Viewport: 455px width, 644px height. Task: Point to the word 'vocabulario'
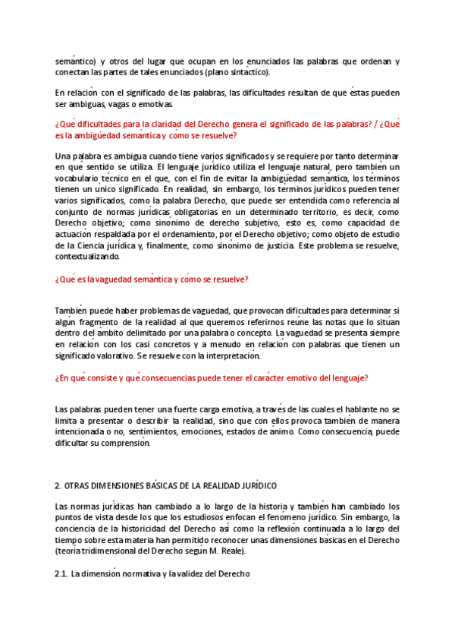tap(78, 178)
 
